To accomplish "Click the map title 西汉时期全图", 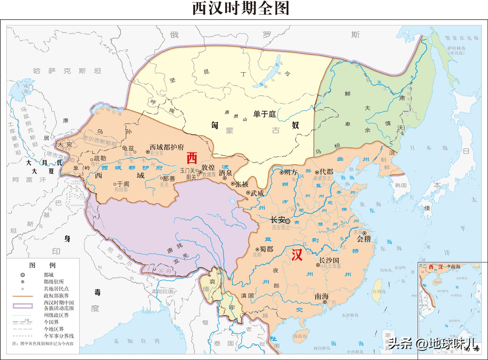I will (241, 8).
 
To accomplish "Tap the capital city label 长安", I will (278, 220).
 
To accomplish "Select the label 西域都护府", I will (167, 147).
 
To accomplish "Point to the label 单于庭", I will (265, 114).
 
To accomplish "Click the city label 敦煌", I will (208, 168).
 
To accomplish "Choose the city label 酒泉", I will (225, 173).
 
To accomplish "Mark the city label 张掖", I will (242, 184).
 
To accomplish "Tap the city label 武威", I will (257, 193).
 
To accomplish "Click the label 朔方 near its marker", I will (290, 172).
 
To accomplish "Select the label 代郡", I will (326, 172).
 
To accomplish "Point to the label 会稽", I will (364, 239).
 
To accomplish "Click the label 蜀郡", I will (266, 249).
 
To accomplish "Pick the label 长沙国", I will (329, 260).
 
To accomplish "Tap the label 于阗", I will (123, 184).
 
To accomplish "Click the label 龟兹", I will (128, 148).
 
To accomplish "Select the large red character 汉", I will (297, 255).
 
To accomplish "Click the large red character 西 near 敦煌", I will (192, 158).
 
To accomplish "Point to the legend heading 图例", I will (42, 265).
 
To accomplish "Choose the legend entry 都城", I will (49, 275).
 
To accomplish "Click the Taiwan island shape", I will (377, 291).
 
